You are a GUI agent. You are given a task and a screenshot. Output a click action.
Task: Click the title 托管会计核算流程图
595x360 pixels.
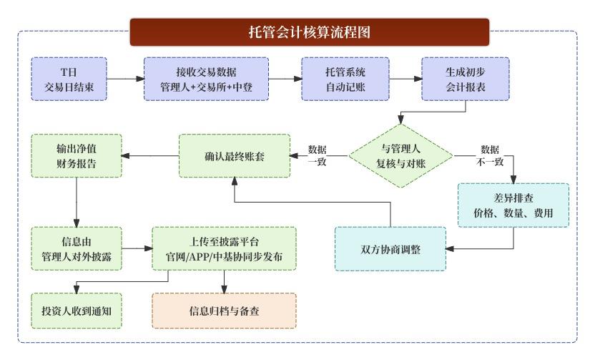[308, 32]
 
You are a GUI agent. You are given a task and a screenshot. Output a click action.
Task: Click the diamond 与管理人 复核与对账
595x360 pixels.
[400, 155]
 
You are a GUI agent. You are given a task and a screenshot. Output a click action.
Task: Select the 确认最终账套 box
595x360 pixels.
[234, 155]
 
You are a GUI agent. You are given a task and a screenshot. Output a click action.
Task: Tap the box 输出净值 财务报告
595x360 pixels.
[76, 155]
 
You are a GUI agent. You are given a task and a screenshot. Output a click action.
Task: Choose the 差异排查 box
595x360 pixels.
[513, 205]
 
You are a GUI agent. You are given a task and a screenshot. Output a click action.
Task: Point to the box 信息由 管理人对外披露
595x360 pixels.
[76, 248]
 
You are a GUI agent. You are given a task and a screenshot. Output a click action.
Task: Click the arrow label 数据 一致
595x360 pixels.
[318, 155]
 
